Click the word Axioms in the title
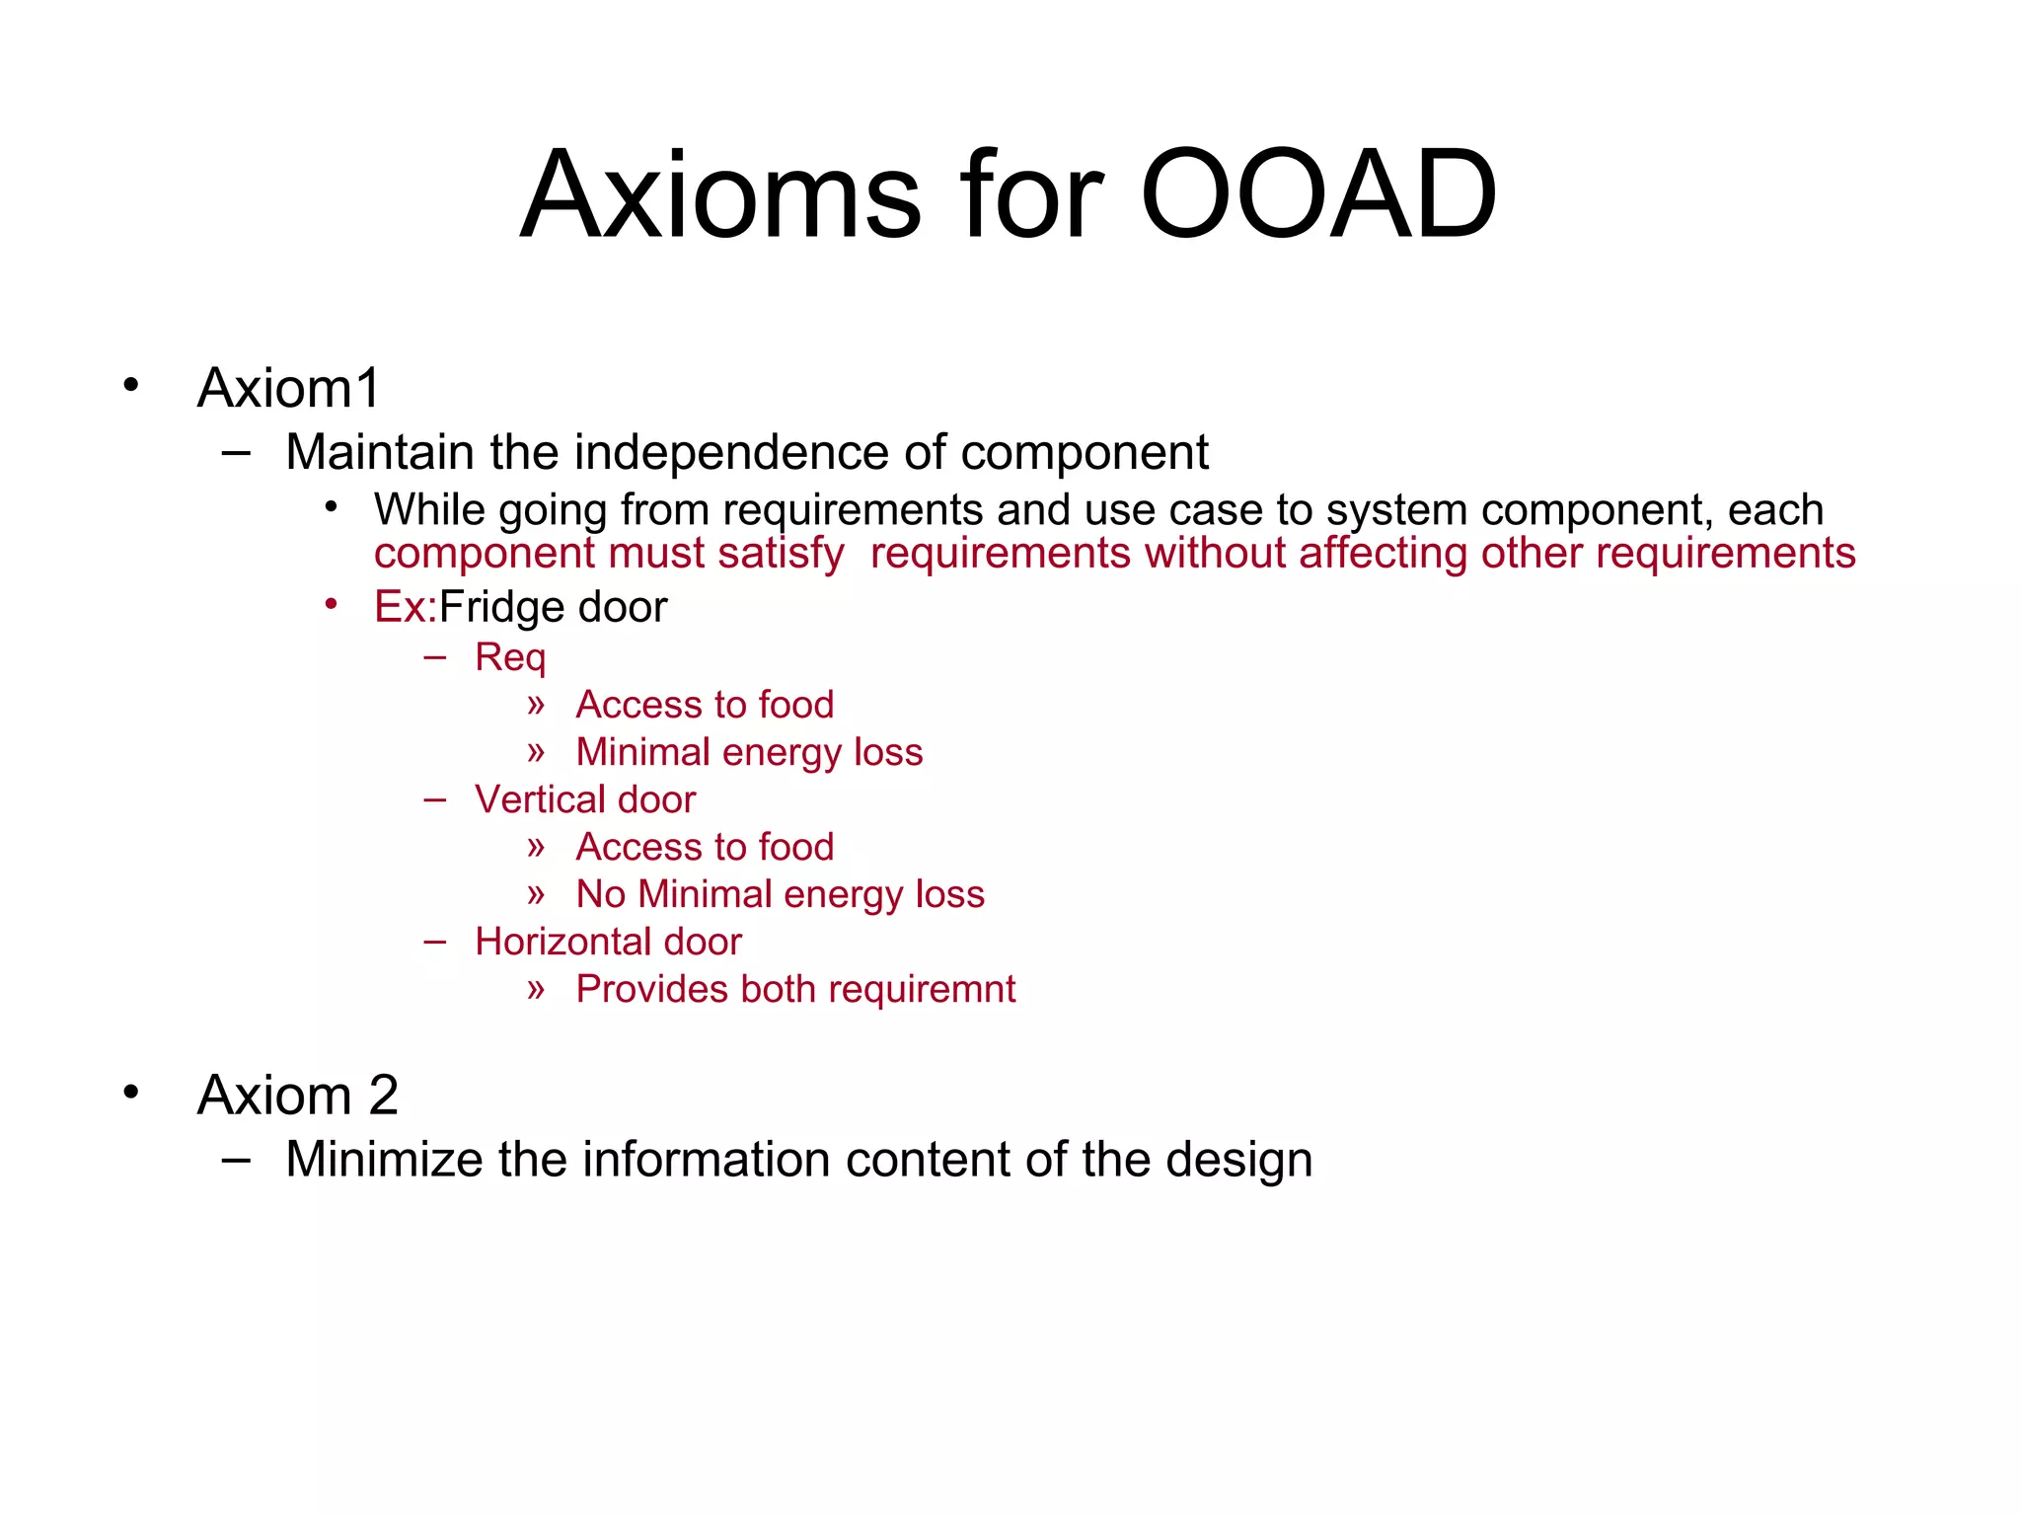point(720,194)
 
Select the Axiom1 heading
point(288,388)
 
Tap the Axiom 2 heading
point(297,1095)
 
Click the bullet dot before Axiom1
point(131,385)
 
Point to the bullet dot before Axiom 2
point(131,1092)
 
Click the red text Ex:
point(405,607)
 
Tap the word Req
point(509,658)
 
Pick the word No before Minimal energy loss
point(600,894)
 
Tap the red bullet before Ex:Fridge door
point(332,603)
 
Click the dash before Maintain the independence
point(236,453)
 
